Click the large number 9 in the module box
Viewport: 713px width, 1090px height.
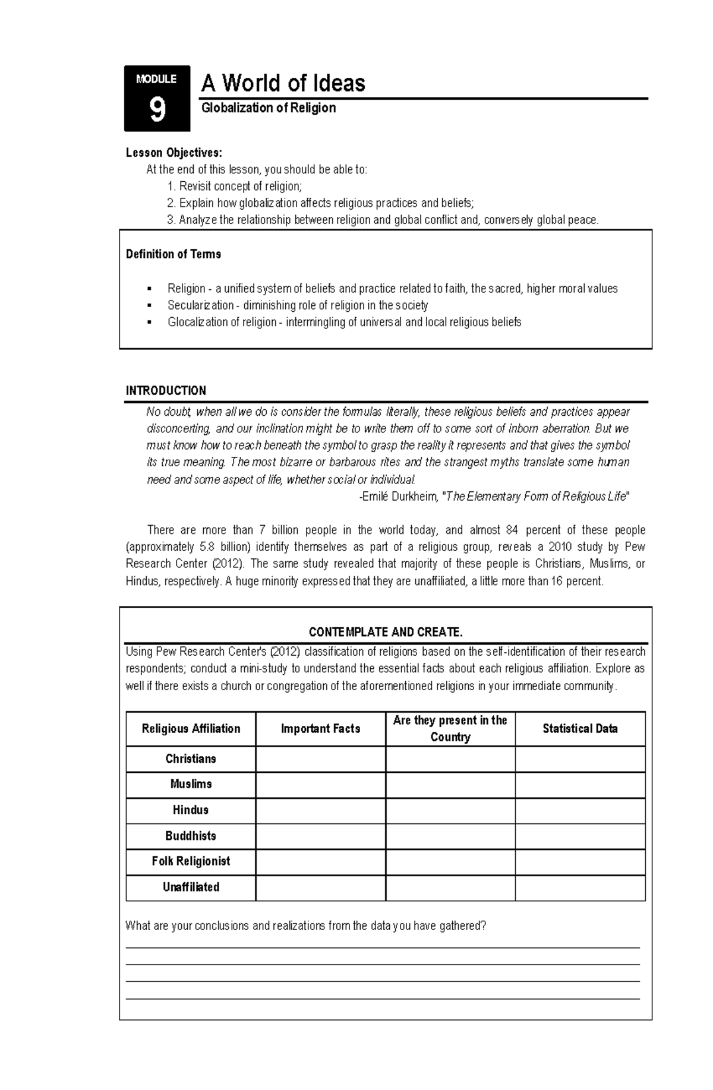(157, 110)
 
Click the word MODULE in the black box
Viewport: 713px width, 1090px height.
(156, 79)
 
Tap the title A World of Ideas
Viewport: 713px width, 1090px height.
(283, 83)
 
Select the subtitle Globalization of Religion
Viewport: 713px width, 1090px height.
(269, 108)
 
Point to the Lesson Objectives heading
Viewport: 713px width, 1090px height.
(174, 153)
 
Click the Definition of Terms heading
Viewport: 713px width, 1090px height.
(173, 254)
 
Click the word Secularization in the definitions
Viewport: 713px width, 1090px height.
(201, 305)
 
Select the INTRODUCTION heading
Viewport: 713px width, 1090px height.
(166, 391)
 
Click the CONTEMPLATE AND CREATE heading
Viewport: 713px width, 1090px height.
(386, 631)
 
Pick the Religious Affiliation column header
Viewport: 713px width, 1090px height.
(191, 729)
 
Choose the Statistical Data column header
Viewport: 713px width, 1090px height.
(580, 729)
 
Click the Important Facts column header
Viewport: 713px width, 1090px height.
(320, 729)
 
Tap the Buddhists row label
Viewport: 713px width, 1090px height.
(191, 836)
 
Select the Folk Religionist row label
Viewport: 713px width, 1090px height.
(191, 861)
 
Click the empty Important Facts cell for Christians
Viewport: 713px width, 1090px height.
(320, 759)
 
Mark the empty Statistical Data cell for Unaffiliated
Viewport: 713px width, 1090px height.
(580, 887)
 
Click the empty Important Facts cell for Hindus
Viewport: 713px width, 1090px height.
(320, 810)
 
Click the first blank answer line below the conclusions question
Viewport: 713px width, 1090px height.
(383, 947)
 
